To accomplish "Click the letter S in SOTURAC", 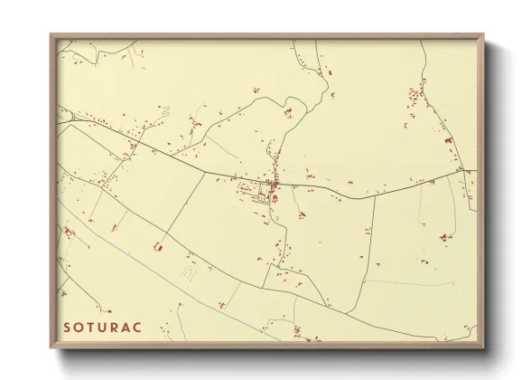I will pyautogui.click(x=67, y=326).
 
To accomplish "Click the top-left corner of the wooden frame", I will pyautogui.click(x=51, y=34).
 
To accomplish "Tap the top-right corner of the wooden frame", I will pyautogui.click(x=483, y=34).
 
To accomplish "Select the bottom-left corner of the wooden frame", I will pyautogui.click(x=51, y=348).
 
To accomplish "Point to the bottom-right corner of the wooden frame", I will pyautogui.click(x=483, y=348).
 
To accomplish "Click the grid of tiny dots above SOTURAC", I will pyautogui.click(x=189, y=271).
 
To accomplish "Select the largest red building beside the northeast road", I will pyautogui.click(x=448, y=142).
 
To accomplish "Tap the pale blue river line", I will pyautogui.click(x=135, y=244).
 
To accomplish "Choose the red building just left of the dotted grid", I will pyautogui.click(x=158, y=246).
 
